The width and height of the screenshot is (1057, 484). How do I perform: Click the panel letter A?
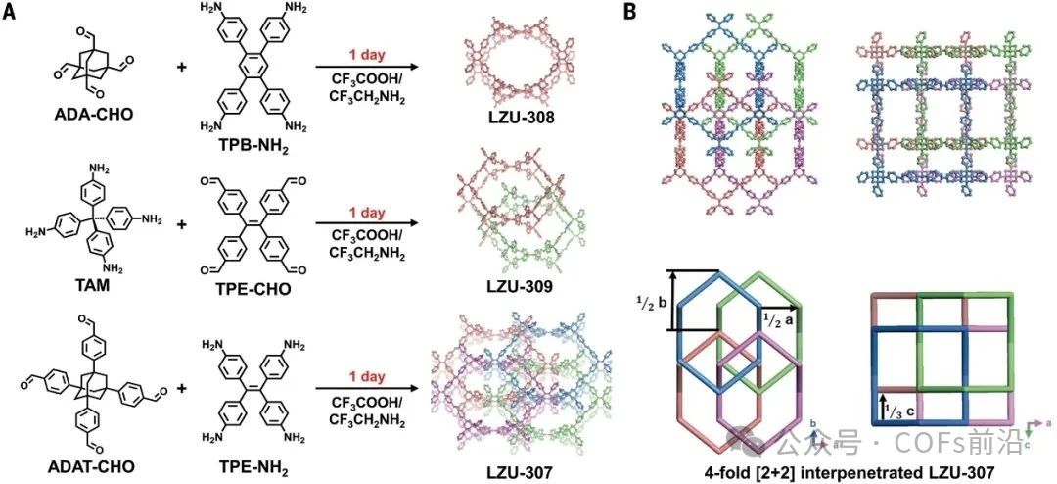tap(9, 11)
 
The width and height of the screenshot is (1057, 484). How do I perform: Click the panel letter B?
tap(631, 11)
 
